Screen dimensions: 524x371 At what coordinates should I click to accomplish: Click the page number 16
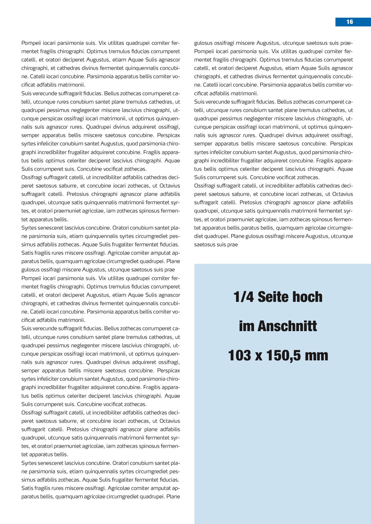pos(349,22)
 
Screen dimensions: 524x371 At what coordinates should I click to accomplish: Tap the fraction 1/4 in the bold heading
pos(243,297)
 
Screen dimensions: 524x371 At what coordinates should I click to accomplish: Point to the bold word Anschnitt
pos(287,326)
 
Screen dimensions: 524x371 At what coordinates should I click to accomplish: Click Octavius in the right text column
pos(343,194)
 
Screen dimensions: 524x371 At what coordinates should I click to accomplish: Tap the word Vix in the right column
pos(275,51)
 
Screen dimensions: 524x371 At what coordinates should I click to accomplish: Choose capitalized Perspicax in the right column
pos(341,144)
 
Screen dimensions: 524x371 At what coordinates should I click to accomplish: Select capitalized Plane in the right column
pos(238,236)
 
